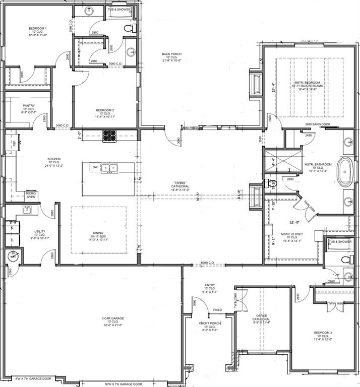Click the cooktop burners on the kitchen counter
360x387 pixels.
[109, 135]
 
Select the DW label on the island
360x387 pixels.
[95, 167]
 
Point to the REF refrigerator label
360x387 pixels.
[14, 145]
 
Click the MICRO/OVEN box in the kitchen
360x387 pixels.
[31, 196]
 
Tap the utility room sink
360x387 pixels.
[27, 209]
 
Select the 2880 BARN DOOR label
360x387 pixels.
[317, 124]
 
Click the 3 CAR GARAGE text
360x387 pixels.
[113, 318]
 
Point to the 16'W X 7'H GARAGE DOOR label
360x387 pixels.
[124, 383]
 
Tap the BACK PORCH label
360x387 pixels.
[171, 54]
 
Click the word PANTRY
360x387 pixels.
[28, 106]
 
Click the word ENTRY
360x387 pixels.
[210, 285]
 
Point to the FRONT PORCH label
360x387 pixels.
[209, 323]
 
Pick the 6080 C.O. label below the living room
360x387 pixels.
[207, 263]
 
